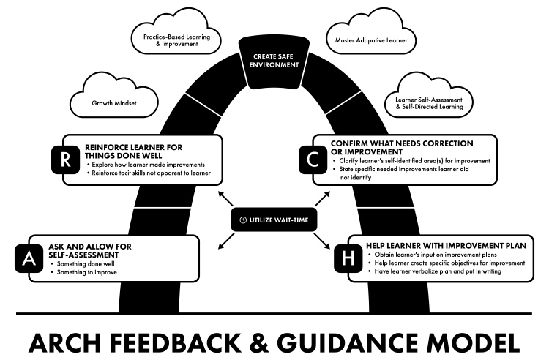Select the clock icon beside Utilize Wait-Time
[243, 219]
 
